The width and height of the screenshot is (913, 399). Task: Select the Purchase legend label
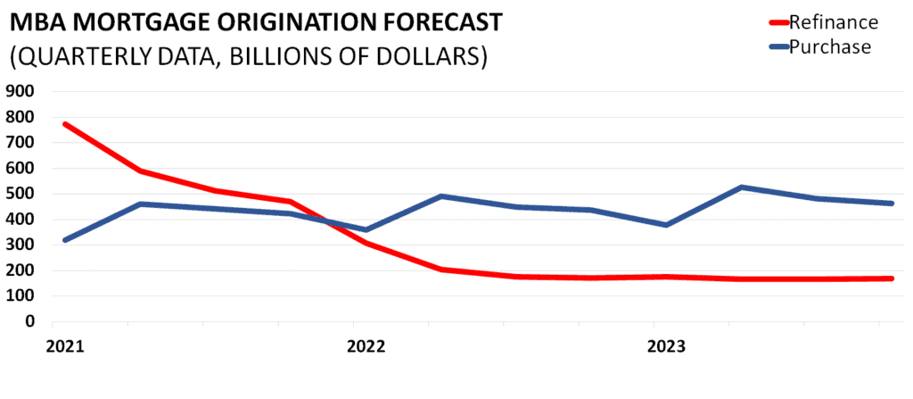click(834, 47)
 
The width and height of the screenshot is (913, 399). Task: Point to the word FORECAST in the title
click(426, 20)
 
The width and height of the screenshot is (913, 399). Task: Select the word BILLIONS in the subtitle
click(307, 55)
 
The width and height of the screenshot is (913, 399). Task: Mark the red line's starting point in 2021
click(65, 124)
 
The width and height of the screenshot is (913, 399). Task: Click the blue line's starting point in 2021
click(65, 239)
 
